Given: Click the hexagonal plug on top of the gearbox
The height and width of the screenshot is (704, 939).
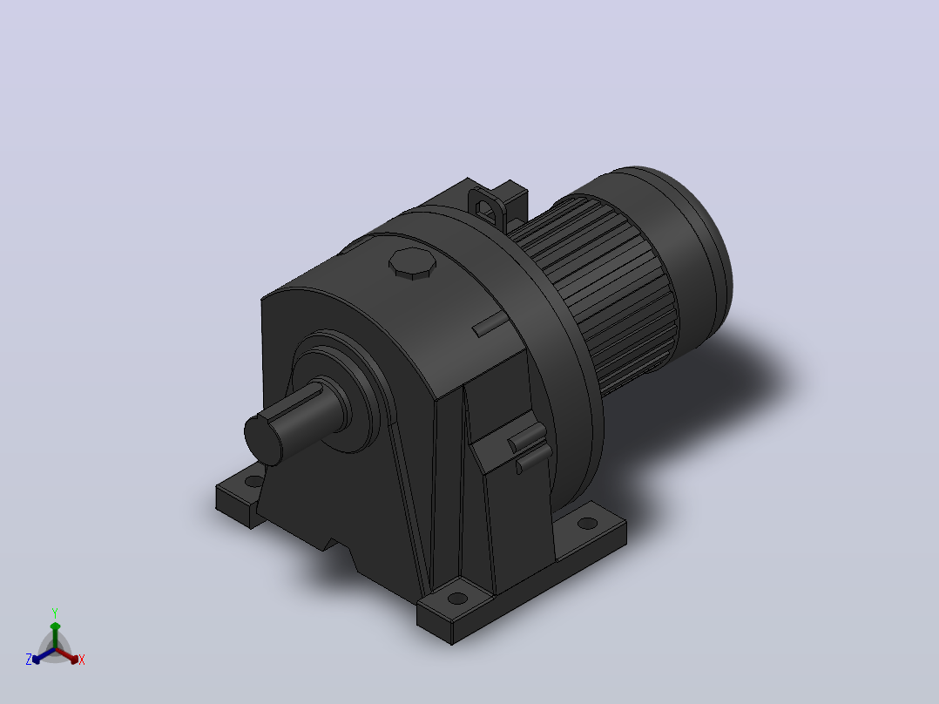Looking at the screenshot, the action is pyautogui.click(x=412, y=263).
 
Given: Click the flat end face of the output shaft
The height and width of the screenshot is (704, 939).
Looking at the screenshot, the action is pyautogui.click(x=263, y=439).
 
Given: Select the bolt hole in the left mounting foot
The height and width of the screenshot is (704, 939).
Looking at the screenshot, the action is pyautogui.click(x=254, y=481).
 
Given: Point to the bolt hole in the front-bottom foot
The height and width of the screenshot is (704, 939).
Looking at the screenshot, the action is pyautogui.click(x=457, y=598).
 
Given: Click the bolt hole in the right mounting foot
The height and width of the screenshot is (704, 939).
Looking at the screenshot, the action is pyautogui.click(x=587, y=523).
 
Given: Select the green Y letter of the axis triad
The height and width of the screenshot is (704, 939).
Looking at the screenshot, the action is pyautogui.click(x=55, y=613).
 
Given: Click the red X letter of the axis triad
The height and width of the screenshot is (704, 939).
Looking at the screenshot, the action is pyautogui.click(x=82, y=660).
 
